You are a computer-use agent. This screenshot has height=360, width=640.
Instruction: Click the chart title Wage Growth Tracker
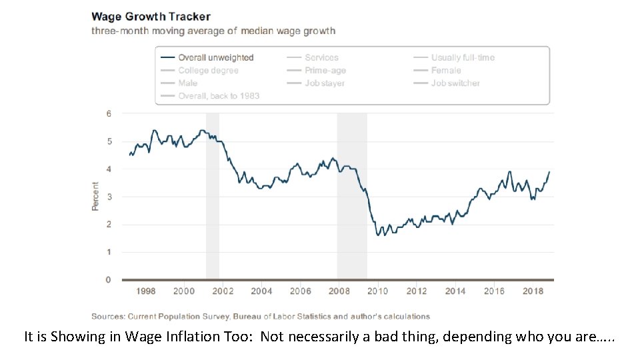click(x=151, y=16)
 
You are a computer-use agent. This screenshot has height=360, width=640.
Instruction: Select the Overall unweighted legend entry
click(x=207, y=58)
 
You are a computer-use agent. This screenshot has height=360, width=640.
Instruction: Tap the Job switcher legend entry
click(x=447, y=83)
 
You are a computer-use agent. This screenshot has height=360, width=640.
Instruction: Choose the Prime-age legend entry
click(x=317, y=71)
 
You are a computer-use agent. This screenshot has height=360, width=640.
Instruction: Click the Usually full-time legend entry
click(x=455, y=58)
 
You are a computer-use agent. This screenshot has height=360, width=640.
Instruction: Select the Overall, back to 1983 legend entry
click(x=211, y=96)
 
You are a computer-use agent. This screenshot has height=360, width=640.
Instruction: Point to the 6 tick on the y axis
click(x=109, y=113)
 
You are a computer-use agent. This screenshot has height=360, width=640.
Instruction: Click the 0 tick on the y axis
click(x=109, y=280)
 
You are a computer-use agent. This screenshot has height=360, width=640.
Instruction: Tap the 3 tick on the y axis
click(x=109, y=197)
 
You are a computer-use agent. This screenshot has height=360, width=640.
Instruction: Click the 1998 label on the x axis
click(x=146, y=291)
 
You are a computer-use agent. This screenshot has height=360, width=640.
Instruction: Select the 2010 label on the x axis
click(x=378, y=291)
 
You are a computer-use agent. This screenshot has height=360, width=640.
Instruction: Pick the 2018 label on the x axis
click(x=532, y=291)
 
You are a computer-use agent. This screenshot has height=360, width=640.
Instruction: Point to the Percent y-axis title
click(x=95, y=197)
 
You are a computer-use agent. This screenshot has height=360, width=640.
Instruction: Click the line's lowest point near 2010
click(x=378, y=235)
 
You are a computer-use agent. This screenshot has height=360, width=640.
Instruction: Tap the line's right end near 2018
click(x=550, y=171)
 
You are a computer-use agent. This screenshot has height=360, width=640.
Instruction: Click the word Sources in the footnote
click(x=107, y=316)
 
